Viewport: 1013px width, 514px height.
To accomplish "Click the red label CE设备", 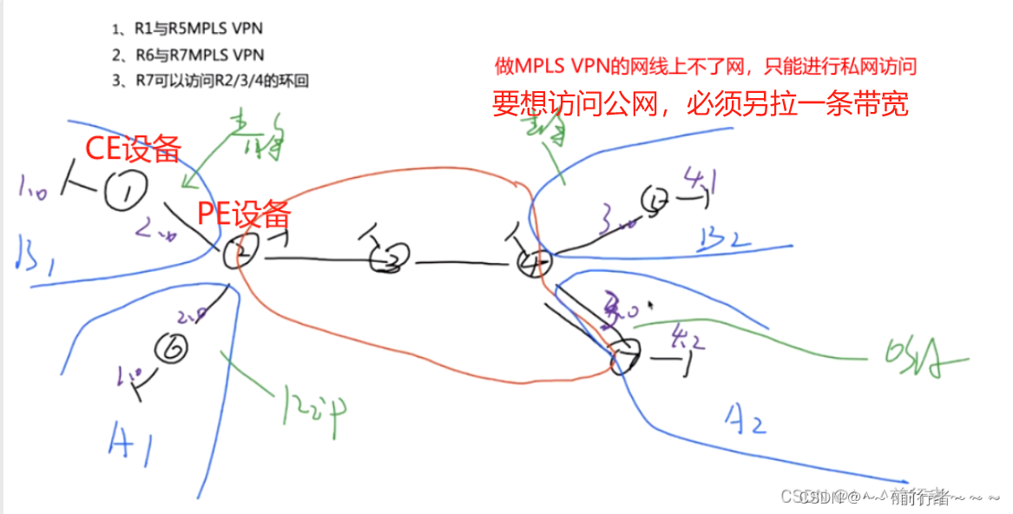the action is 132,148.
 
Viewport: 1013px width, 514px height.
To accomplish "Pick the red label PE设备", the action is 243,213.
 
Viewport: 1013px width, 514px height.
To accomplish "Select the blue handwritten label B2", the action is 723,235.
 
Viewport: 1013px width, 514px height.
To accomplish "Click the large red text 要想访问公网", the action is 700,104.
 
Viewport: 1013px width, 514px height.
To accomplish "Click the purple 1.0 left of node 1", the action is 35,184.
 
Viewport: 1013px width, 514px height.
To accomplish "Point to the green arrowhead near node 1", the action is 184,182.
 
